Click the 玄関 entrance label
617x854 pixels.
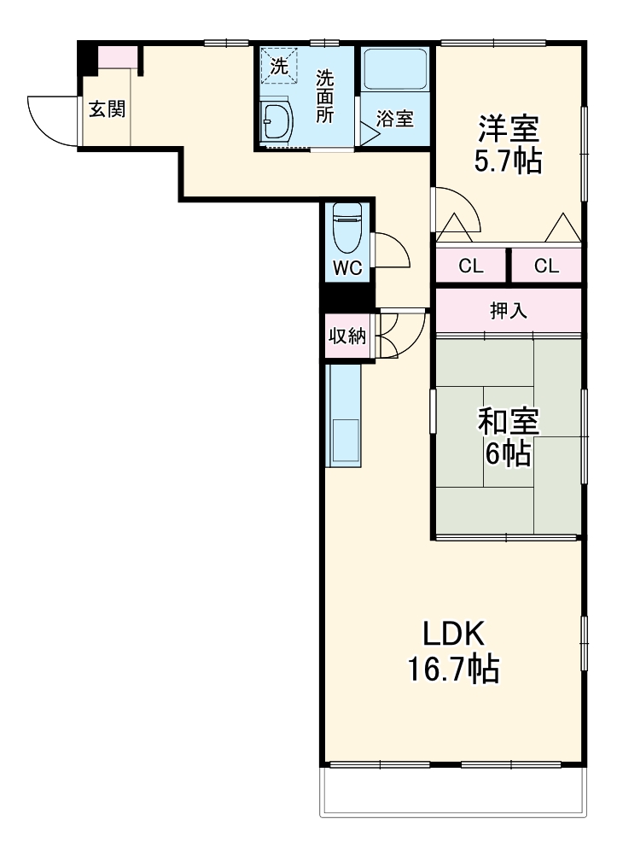[x=108, y=109]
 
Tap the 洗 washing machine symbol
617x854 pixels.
[x=279, y=65]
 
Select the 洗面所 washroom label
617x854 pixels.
[x=324, y=95]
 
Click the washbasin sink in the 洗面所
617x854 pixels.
[x=276, y=123]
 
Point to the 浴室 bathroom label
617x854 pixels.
[x=395, y=119]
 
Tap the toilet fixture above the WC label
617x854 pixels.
[x=347, y=225]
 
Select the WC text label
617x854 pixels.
[x=347, y=267]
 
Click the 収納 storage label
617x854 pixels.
[x=347, y=336]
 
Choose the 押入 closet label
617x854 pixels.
[x=509, y=311]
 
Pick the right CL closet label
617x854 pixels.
[x=546, y=266]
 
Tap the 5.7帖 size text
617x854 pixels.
[x=509, y=161]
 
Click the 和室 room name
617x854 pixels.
[x=509, y=421]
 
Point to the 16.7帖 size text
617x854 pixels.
[x=453, y=670]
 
